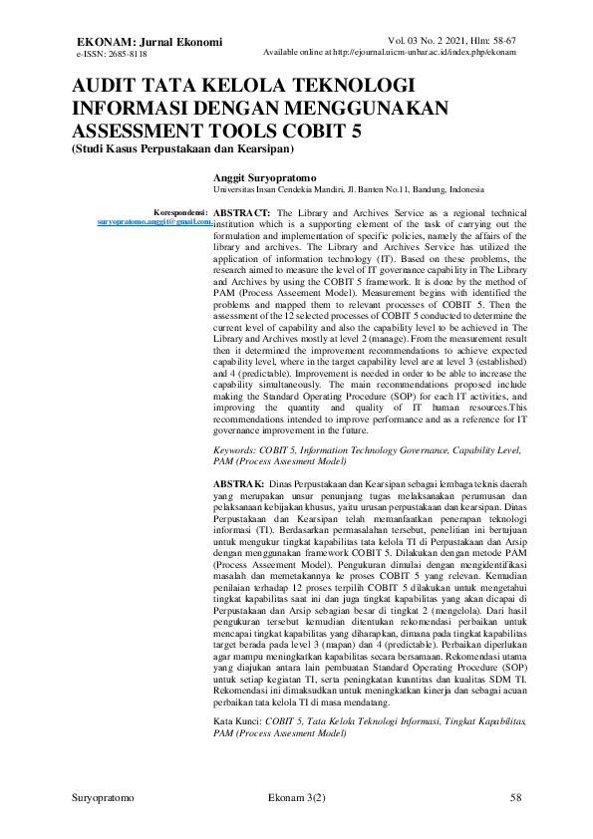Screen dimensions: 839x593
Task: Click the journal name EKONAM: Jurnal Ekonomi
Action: tap(149, 41)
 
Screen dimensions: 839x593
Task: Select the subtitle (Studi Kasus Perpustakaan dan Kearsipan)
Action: tap(184, 149)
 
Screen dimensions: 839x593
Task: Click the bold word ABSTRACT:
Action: tap(242, 213)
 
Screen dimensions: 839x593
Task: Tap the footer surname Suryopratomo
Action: tap(105, 798)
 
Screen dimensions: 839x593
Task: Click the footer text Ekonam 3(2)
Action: tap(297, 798)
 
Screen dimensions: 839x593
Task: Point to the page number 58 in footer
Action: tap(515, 798)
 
